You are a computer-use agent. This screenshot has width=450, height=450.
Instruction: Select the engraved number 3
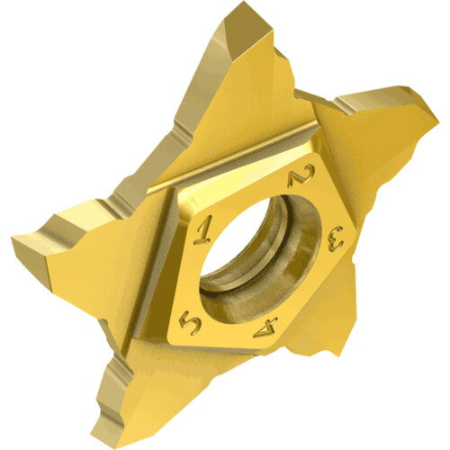click(x=336, y=238)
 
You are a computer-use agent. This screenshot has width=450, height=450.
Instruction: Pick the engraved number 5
click(x=190, y=324)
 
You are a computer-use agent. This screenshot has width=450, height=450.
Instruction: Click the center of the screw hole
click(x=259, y=258)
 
